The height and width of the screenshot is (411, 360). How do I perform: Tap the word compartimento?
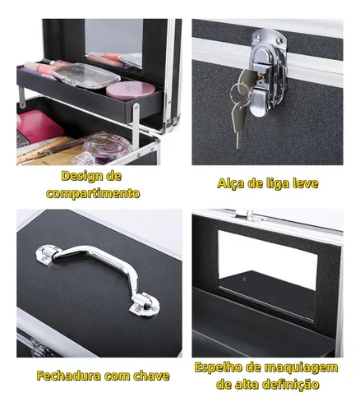[93, 193]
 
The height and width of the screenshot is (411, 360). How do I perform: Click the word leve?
[306, 182]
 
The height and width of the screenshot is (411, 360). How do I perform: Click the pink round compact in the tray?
[130, 90]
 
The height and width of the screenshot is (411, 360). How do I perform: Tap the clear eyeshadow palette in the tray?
[85, 76]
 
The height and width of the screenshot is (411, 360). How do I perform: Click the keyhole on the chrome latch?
[261, 78]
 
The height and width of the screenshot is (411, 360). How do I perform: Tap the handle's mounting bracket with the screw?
[145, 306]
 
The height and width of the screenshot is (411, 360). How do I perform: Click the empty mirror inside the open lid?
[267, 274]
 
